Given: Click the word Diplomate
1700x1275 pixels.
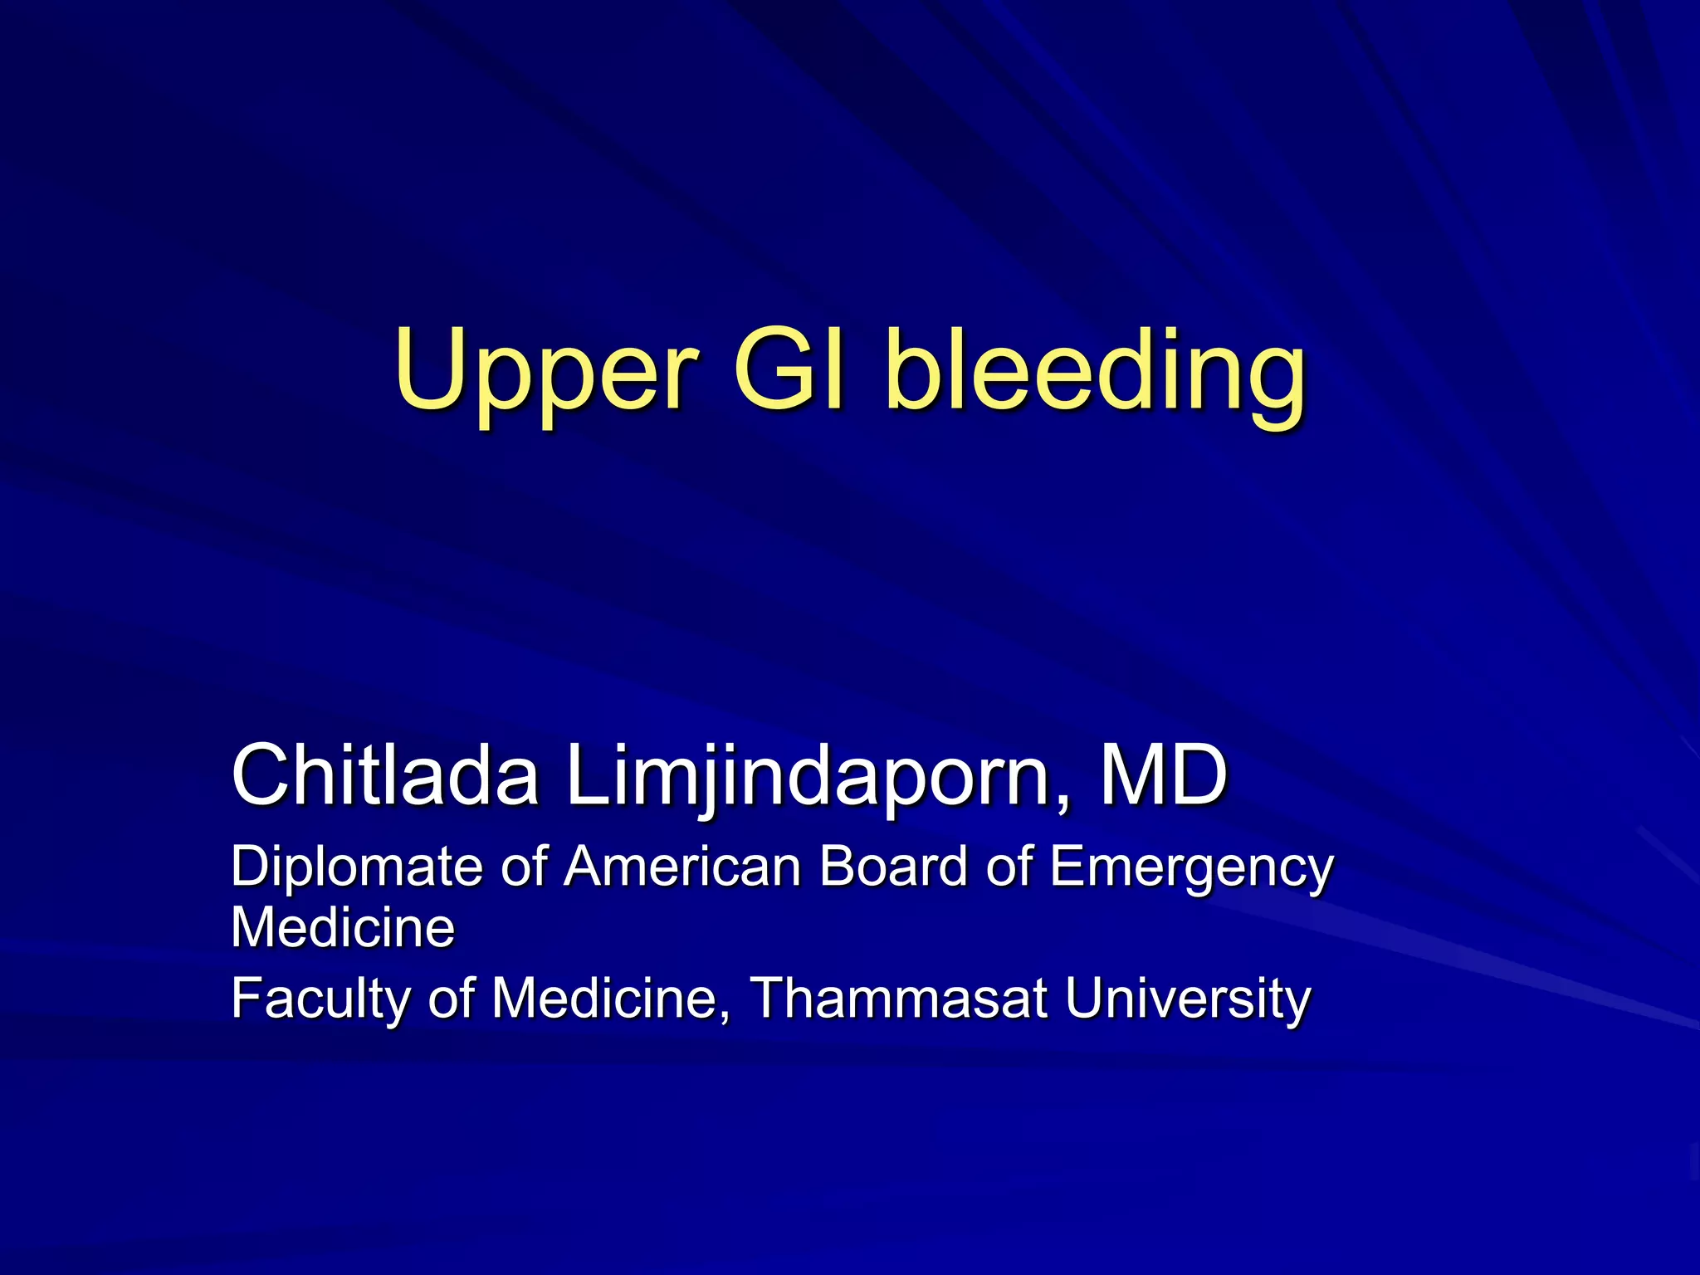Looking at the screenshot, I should pyautogui.click(x=357, y=867).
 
